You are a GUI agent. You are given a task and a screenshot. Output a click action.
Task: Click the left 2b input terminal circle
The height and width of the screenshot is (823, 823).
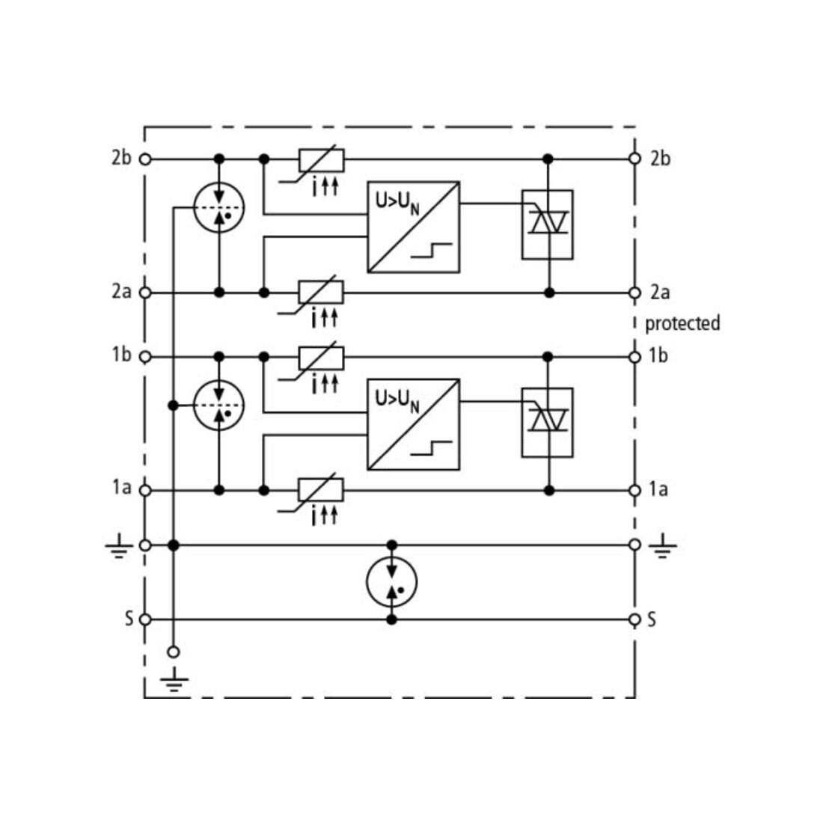point(145,159)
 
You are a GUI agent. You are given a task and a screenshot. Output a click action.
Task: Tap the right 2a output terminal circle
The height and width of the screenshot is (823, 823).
point(634,293)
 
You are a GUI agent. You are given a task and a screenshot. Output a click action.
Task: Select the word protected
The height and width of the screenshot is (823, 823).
point(682,323)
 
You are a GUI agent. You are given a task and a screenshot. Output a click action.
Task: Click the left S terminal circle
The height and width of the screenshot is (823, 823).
point(145,620)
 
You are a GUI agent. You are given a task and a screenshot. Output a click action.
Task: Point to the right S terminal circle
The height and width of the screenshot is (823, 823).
point(634,620)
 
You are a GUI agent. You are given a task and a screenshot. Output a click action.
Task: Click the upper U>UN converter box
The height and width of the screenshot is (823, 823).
point(414,227)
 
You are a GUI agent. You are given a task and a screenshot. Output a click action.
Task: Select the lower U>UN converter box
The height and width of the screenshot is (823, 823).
point(414,424)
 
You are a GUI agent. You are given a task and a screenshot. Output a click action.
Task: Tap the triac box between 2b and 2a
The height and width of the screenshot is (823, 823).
point(548,224)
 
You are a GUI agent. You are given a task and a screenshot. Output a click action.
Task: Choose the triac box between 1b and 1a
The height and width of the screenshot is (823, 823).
point(548,423)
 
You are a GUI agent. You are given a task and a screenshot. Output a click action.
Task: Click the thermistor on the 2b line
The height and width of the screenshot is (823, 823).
point(321,160)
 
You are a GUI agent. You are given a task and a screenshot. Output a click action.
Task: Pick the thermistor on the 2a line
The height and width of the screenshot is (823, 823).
point(321,293)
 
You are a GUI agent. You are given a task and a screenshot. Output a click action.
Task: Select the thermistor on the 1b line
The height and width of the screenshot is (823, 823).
point(321,358)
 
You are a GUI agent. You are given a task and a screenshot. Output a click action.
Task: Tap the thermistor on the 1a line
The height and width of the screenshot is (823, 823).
point(321,490)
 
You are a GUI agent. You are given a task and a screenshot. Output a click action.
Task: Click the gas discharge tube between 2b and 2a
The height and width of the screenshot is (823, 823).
point(219,208)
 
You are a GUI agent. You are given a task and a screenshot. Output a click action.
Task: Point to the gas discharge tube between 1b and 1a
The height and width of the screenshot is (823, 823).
point(219,406)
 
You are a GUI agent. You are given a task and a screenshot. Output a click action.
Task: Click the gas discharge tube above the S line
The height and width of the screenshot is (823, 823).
point(391,582)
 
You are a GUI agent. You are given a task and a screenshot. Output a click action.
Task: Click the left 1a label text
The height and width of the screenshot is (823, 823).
point(121,488)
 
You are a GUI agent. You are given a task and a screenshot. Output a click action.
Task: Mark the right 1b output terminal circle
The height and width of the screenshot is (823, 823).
point(634,358)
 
